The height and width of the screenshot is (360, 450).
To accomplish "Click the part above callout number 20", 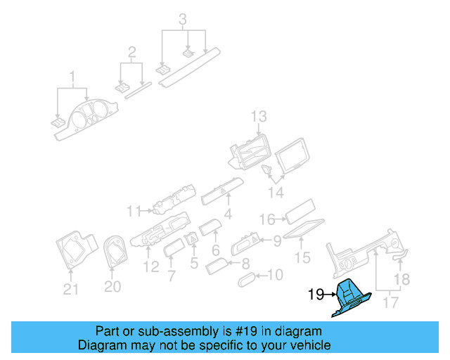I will pyautogui.click(x=113, y=252).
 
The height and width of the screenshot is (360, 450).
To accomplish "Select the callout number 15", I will pyautogui.click(x=302, y=259).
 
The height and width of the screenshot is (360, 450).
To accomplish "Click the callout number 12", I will pyautogui.click(x=150, y=266).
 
